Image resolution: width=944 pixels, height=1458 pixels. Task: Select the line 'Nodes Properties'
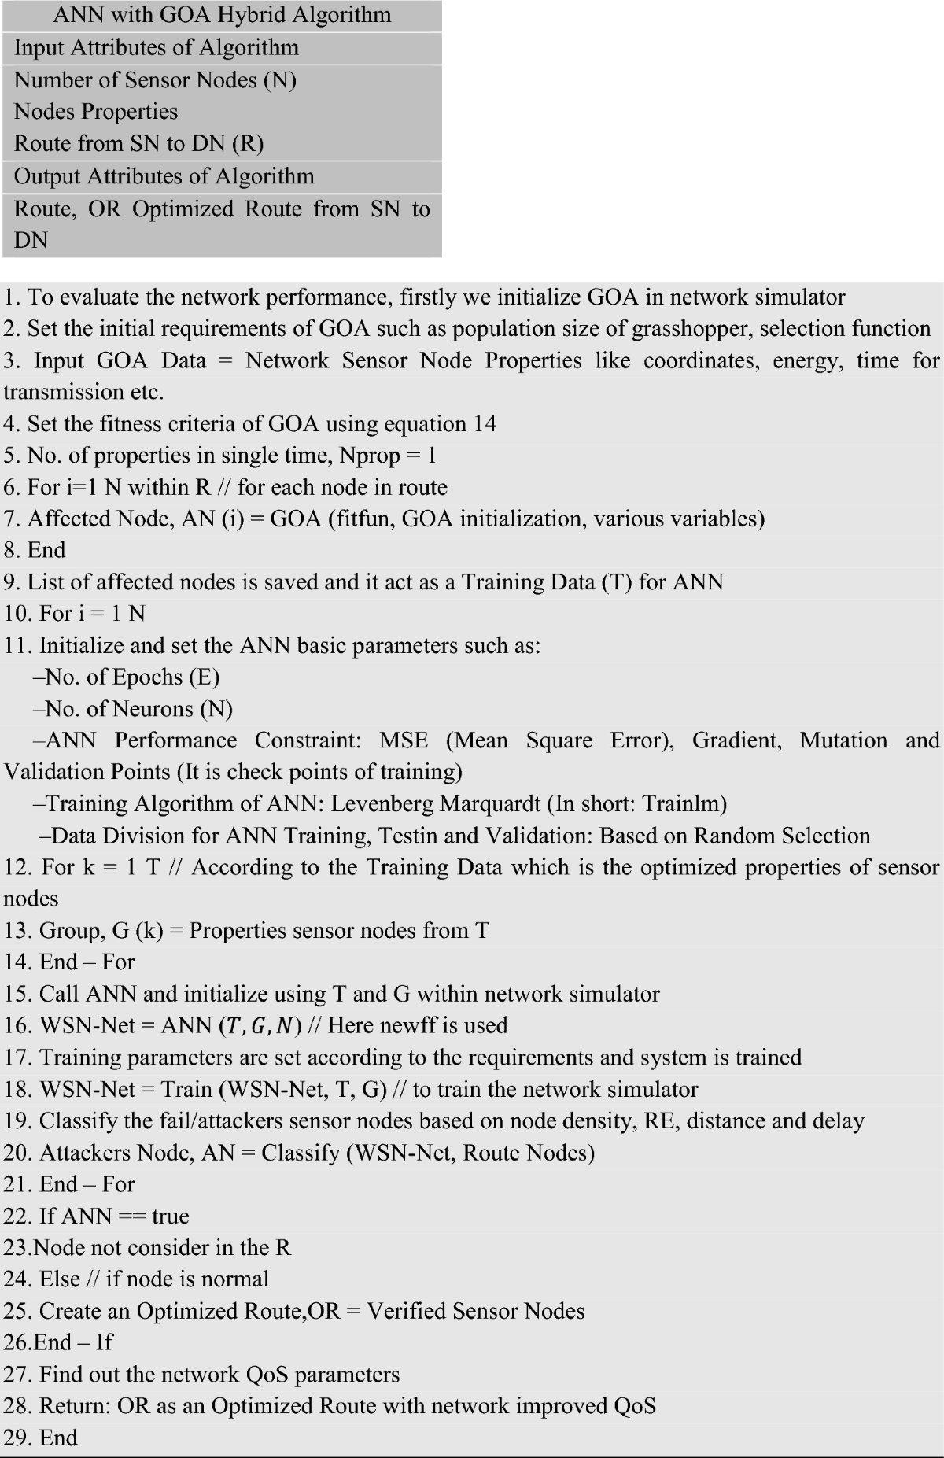[96, 112]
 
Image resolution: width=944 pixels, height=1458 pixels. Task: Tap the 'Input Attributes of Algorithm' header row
[156, 48]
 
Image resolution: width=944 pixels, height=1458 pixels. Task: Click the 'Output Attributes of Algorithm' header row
[164, 176]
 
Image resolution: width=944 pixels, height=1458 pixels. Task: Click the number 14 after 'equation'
[485, 424]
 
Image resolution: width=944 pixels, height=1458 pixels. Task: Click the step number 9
[10, 582]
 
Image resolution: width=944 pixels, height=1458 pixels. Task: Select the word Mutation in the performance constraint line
[843, 740]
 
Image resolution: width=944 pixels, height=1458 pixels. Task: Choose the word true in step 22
[170, 1216]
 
